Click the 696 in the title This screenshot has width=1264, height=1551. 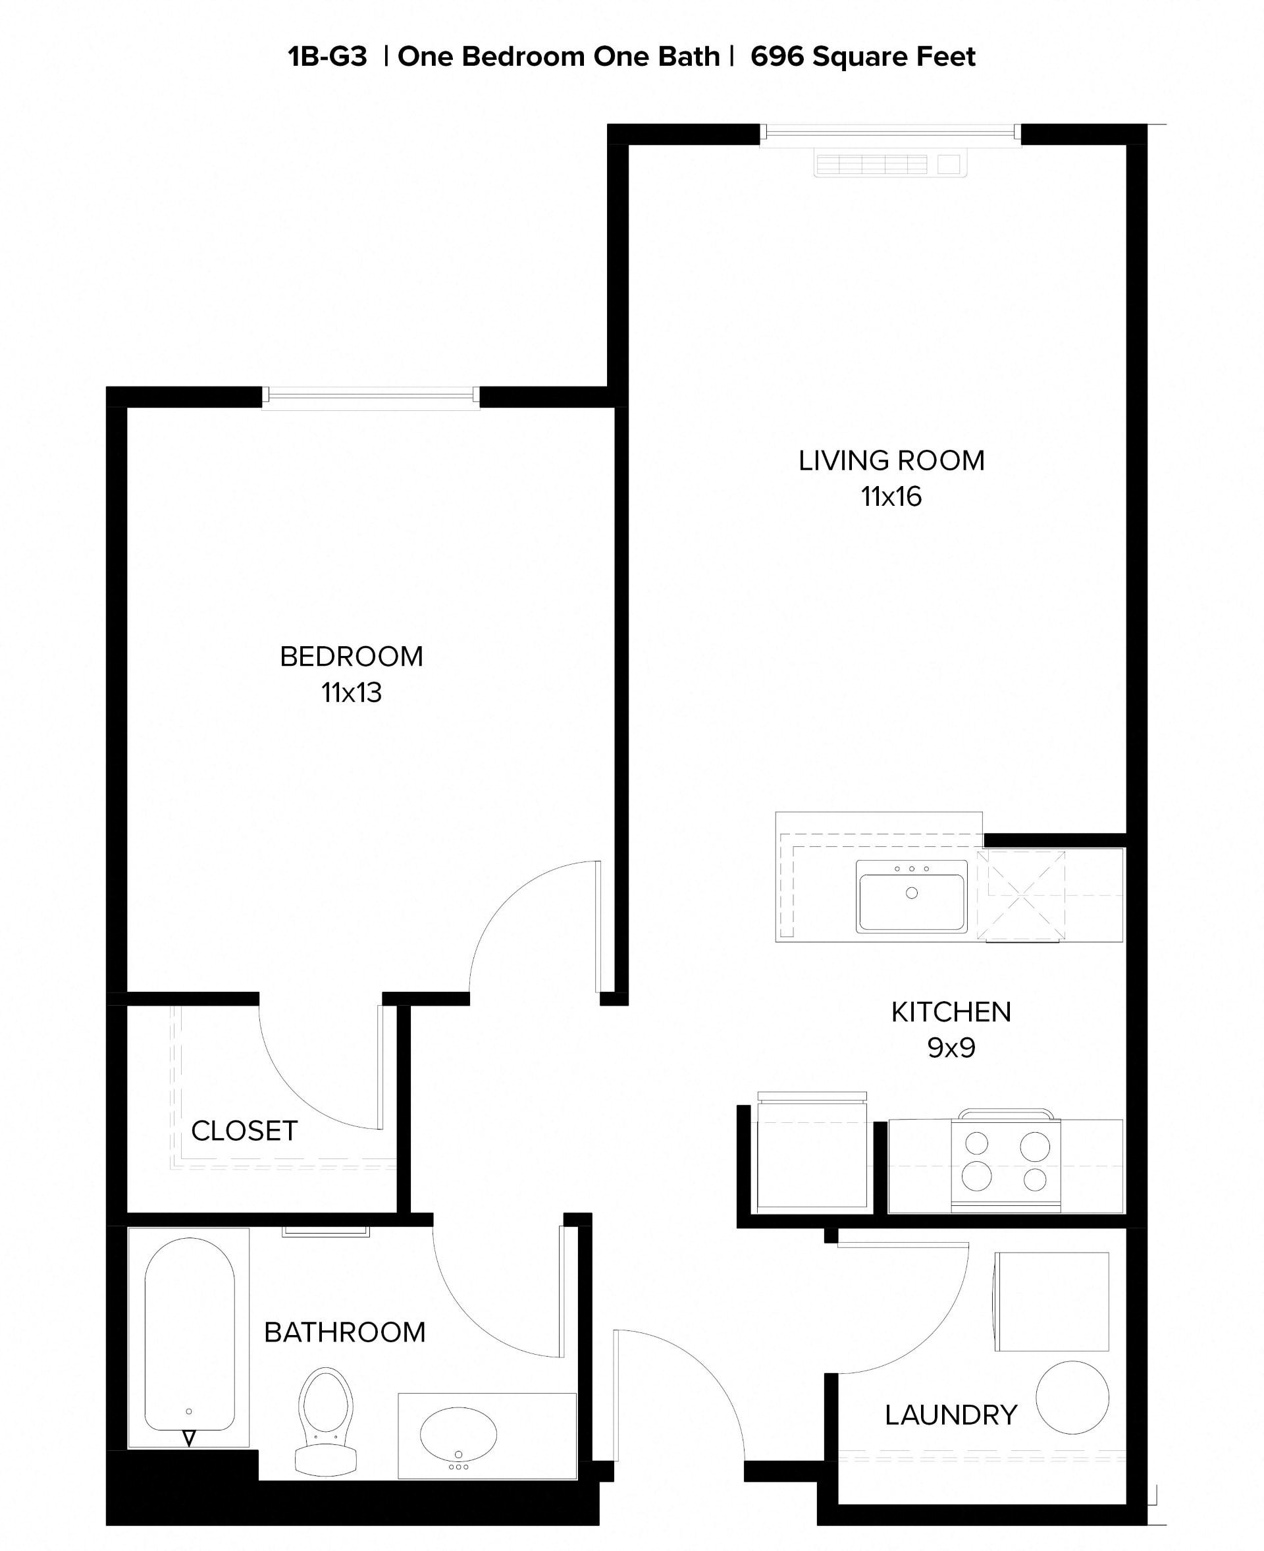point(777,56)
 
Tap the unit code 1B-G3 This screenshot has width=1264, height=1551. point(328,56)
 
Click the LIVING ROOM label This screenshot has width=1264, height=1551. point(891,460)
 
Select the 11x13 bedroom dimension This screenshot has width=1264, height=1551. point(352,693)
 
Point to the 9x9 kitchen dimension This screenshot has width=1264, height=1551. point(951,1048)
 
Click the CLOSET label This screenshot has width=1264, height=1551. point(244,1131)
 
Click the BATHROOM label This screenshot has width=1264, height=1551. point(344,1332)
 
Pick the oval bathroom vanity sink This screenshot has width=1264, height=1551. point(458,1434)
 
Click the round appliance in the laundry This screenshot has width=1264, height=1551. point(1072,1398)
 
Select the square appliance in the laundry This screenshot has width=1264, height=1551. point(1051,1302)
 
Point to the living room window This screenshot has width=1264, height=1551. point(890,132)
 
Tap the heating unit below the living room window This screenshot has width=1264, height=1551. point(890,165)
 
